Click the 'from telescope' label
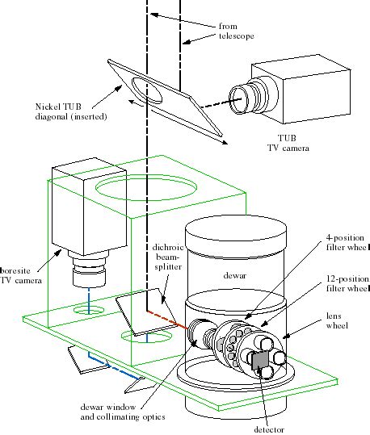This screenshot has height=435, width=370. tap(233, 31)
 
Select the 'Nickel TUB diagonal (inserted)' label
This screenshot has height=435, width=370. tap(53, 110)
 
